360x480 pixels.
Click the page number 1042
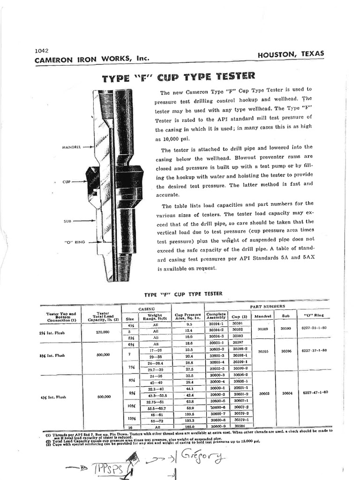click(42, 51)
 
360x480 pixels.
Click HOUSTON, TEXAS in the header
click(291, 54)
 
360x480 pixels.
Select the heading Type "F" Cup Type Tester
click(179, 77)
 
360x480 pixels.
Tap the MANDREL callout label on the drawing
click(72, 147)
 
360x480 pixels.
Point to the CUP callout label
click(66, 181)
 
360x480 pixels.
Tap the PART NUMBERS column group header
click(267, 307)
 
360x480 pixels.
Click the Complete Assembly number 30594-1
click(216, 323)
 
